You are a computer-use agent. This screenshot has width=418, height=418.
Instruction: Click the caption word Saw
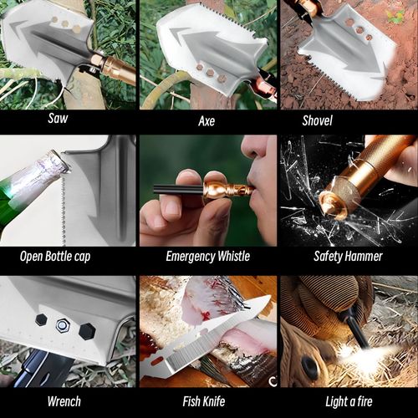58,118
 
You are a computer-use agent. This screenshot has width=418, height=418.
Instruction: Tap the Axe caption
206,121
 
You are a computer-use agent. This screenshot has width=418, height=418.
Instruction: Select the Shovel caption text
318,120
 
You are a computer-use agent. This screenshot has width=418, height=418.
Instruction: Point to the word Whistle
234,256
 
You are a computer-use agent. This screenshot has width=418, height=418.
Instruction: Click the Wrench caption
64,401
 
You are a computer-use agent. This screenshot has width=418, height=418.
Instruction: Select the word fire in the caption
364,401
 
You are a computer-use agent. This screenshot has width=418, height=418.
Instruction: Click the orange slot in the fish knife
158,361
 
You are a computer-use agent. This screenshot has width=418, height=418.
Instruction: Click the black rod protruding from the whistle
178,189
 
